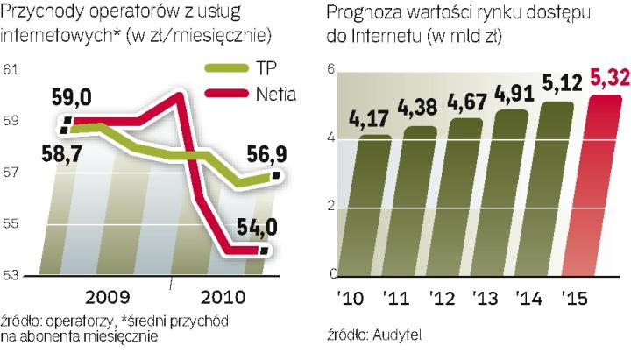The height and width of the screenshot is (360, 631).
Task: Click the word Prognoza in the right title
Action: pos(362,14)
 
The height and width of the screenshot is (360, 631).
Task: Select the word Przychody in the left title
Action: pos(40,14)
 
